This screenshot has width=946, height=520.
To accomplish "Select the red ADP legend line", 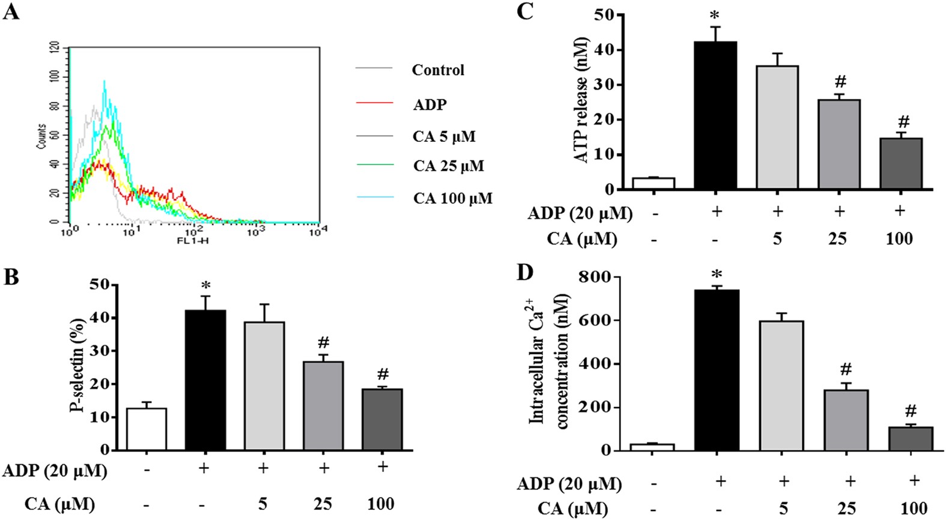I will point(374,103).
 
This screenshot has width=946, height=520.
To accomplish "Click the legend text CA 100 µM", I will point(452,198).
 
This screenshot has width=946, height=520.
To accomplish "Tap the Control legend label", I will point(438,70).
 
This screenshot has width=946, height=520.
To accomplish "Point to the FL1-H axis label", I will point(193,240).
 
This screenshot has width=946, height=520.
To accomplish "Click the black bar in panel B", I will point(205,380).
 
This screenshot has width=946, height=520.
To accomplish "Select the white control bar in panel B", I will point(147,429).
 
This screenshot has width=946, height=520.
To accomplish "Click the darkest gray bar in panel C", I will point(900,164).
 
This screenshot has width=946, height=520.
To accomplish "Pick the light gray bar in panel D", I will point(781,385).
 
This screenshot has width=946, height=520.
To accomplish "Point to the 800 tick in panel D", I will point(594,277).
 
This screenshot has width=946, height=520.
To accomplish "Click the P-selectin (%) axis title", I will point(79,365).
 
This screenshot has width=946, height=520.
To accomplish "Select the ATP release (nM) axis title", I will point(580,101).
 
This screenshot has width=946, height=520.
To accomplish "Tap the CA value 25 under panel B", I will point(323,503).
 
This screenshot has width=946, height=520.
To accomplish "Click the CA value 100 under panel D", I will point(914,509).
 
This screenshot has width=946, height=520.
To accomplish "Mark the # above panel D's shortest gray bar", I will point(910,412).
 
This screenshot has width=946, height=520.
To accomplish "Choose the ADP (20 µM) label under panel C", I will point(580,213).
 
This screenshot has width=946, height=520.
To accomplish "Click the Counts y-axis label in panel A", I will point(41,136).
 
